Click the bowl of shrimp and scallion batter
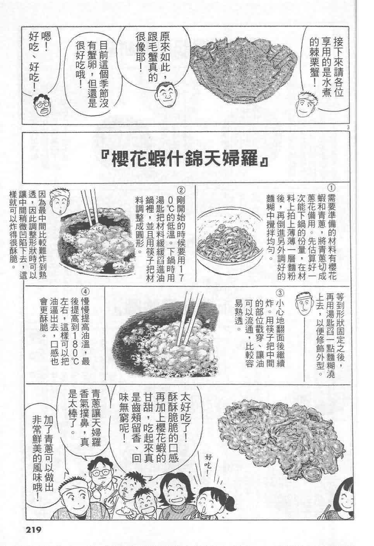(x=229, y=240)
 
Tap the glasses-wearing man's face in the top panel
(x=42, y=106)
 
